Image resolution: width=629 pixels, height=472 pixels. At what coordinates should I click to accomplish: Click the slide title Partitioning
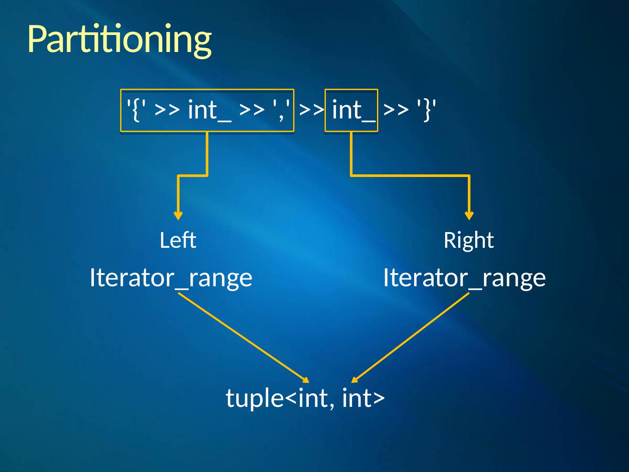(119, 39)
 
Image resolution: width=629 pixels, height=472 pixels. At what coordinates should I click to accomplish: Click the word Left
(178, 240)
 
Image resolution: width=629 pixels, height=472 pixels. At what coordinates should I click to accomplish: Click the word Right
(468, 240)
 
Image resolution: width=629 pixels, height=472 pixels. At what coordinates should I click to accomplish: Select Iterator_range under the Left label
(171, 278)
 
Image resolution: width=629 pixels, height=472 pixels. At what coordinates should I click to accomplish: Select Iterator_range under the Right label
(464, 278)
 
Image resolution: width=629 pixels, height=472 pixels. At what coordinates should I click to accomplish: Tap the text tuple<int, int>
(305, 398)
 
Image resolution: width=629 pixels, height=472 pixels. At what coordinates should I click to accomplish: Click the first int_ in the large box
(209, 109)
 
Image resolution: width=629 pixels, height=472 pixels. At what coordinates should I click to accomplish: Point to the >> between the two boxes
(311, 109)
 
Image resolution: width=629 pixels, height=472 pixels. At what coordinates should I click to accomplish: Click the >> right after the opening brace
(167, 109)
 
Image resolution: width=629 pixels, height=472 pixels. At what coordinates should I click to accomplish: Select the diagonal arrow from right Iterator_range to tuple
(411, 337)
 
